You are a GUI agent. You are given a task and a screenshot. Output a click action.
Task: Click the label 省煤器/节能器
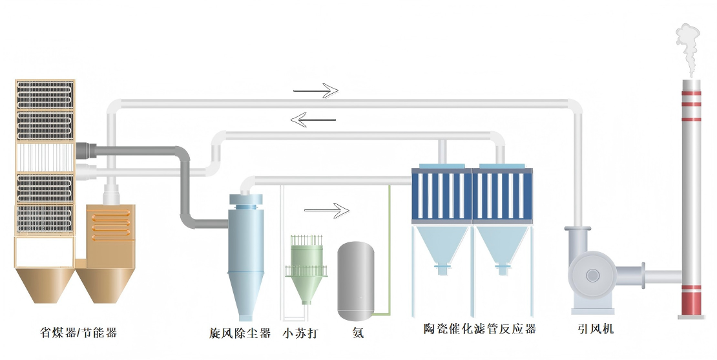coord(78,333)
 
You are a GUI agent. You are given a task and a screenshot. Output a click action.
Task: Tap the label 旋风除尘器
coord(240,334)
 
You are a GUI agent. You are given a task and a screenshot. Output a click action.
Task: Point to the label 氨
coord(358,334)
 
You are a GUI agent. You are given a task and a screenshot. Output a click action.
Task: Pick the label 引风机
coord(595,329)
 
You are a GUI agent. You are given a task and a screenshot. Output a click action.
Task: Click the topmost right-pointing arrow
coord(316,91)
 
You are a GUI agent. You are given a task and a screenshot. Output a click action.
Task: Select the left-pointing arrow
coord(313,119)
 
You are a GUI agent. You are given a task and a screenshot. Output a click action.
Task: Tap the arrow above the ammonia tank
coord(326,210)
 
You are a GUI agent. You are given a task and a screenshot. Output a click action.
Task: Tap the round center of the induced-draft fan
coord(592,275)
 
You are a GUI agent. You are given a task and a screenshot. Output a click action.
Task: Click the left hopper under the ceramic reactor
coord(441,249)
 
